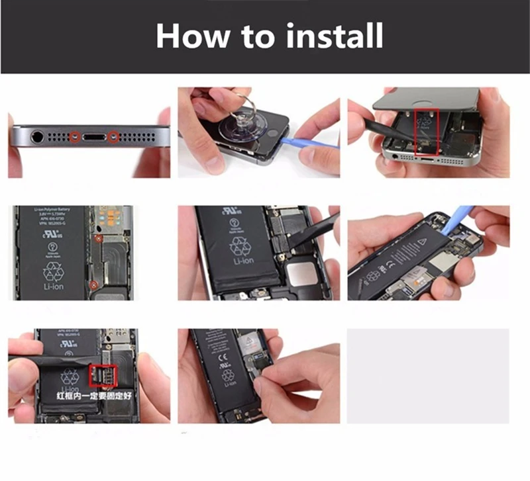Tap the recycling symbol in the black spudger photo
click(x=239, y=247)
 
